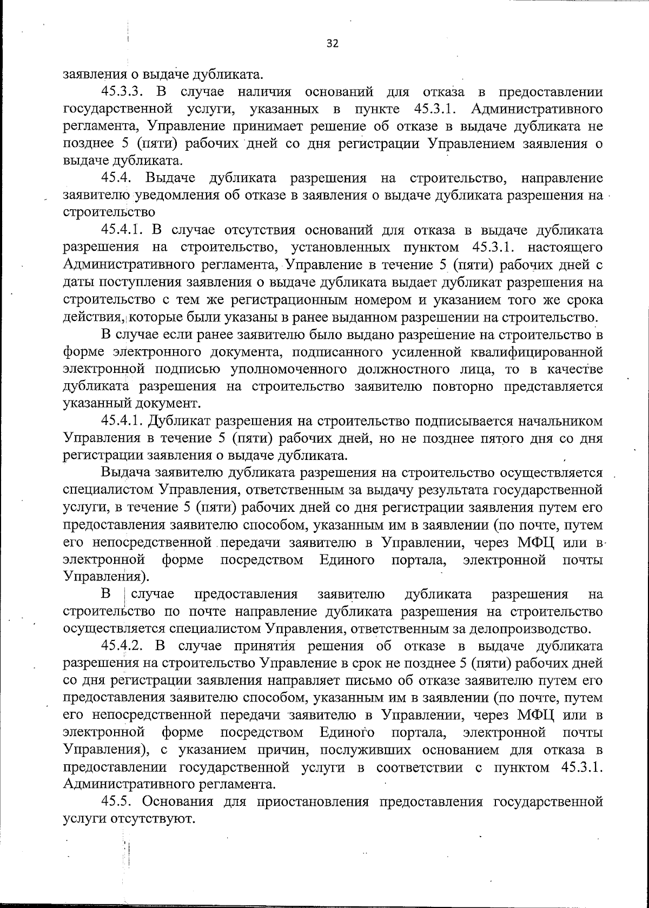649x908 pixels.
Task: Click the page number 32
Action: click(x=333, y=44)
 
